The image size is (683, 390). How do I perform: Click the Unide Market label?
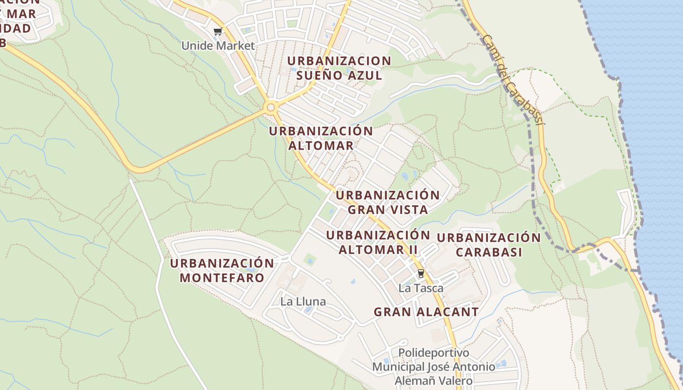click(x=218, y=46)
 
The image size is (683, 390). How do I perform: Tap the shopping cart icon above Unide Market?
click(x=218, y=32)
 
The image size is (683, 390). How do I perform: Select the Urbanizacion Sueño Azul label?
click(x=339, y=68)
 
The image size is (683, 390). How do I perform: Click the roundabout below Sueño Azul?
click(x=270, y=107)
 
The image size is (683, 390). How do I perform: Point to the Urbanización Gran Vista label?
click(x=388, y=202)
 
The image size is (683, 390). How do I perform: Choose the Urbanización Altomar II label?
click(x=378, y=242)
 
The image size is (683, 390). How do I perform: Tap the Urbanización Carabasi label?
click(x=489, y=245)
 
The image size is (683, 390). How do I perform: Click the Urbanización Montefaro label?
click(x=222, y=271)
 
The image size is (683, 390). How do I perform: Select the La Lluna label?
click(x=303, y=302)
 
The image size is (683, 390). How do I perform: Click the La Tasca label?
click(x=421, y=288)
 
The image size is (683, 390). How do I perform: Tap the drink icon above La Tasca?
click(x=421, y=273)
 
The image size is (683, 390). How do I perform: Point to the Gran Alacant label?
click(x=426, y=312)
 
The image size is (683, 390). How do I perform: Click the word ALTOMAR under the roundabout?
click(x=321, y=145)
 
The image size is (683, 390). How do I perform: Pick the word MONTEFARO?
click(x=222, y=278)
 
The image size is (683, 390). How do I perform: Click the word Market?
click(x=237, y=46)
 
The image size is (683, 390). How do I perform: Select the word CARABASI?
click(x=489, y=252)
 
